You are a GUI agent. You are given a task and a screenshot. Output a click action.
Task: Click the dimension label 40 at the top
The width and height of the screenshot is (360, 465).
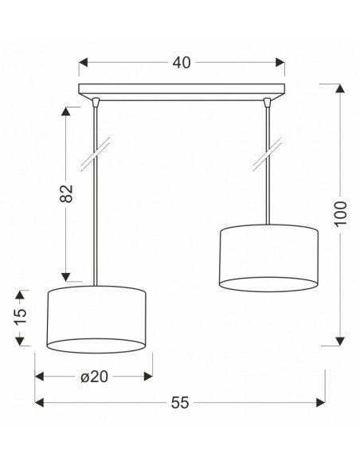pyautogui.click(x=182, y=63)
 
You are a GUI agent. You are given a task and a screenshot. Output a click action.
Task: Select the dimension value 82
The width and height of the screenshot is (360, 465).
pyautogui.click(x=66, y=193)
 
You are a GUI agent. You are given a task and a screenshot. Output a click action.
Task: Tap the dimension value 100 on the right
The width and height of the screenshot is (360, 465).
pyautogui.click(x=340, y=213)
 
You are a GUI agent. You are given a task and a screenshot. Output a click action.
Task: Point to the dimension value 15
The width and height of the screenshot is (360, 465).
pyautogui.click(x=21, y=317)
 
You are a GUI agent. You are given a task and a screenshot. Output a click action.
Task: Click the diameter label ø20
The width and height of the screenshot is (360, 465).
pyautogui.click(x=94, y=377)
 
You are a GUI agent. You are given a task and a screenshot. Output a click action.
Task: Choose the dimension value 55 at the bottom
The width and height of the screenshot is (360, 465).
pyautogui.click(x=180, y=402)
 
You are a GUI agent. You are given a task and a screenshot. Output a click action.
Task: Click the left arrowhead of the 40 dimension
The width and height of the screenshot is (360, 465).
pyautogui.click(x=84, y=63)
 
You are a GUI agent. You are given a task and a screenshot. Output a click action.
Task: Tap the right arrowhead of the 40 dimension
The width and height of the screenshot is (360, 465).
pyautogui.click(x=280, y=63)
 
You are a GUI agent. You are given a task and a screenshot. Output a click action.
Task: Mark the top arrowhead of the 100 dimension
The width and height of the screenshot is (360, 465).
pyautogui.click(x=340, y=88)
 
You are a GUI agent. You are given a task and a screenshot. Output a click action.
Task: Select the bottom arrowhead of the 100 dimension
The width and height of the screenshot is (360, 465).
pyautogui.click(x=340, y=342)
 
